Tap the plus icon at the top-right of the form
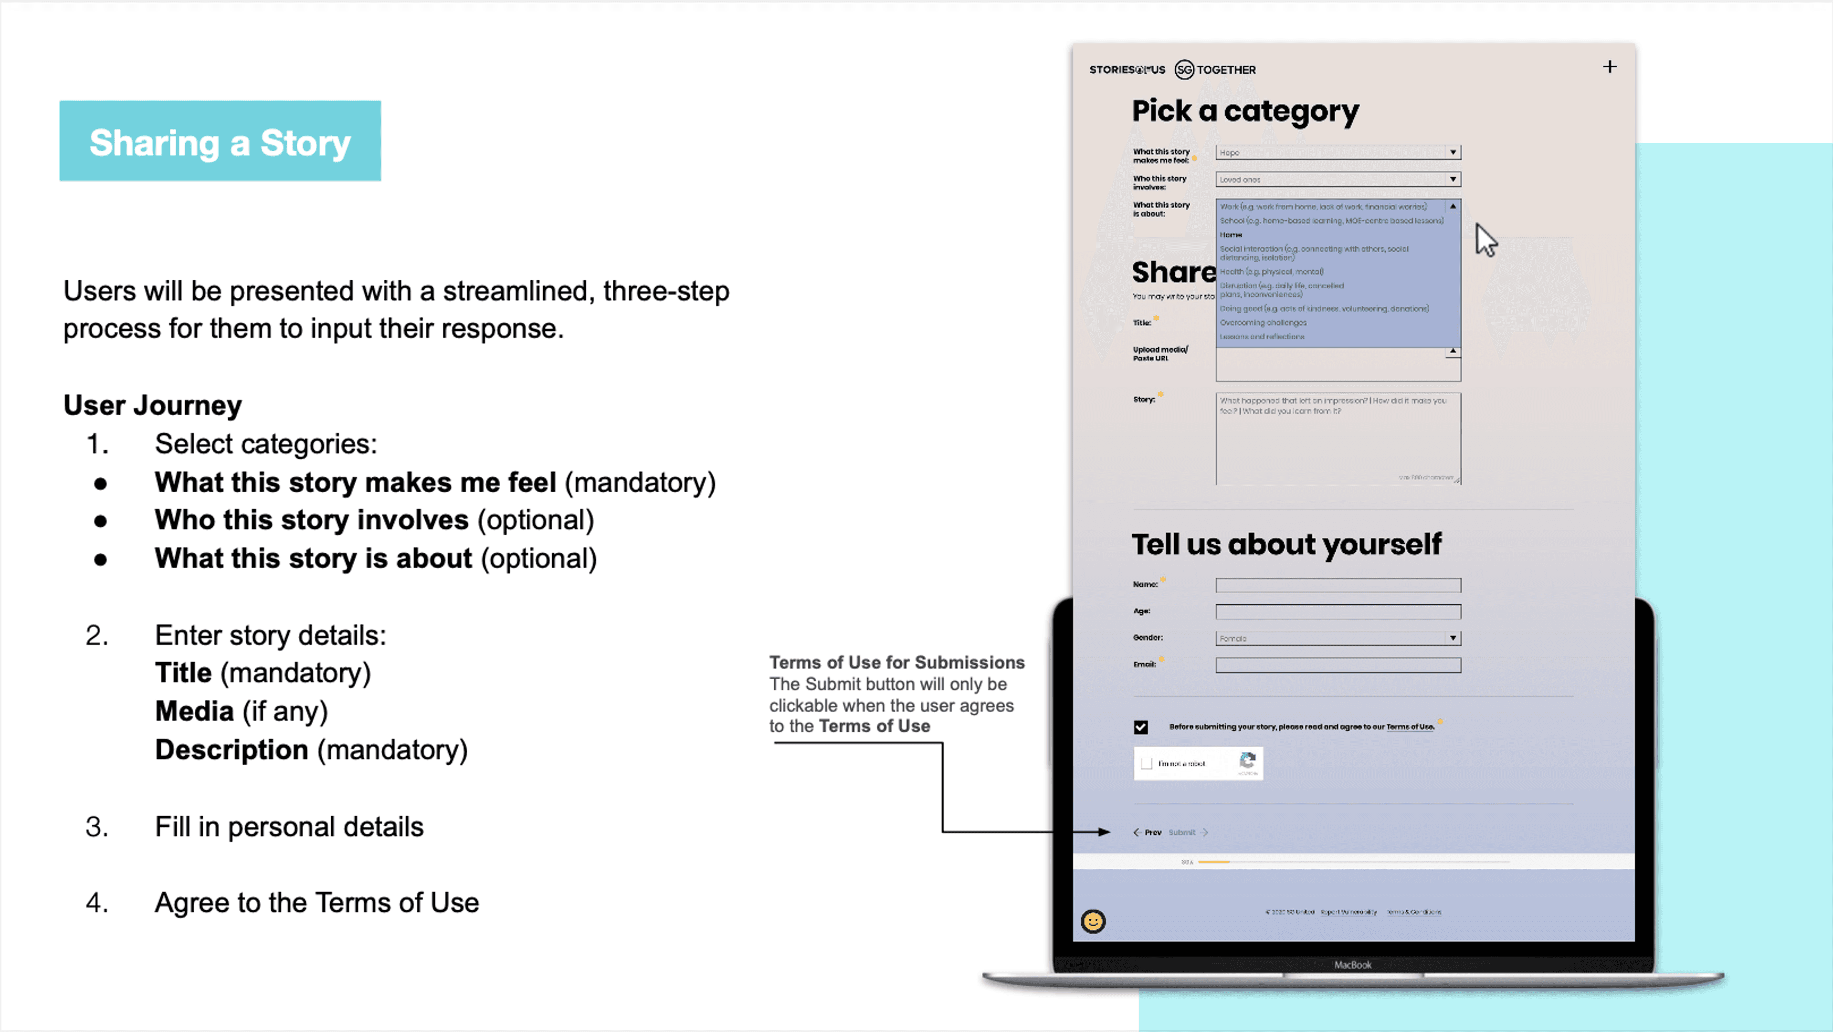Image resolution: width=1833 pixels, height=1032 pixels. coord(1610,67)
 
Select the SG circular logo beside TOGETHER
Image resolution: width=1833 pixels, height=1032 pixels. coord(1184,70)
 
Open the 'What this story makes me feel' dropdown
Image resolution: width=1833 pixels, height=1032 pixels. coord(1338,152)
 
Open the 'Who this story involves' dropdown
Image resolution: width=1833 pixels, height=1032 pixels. coord(1338,179)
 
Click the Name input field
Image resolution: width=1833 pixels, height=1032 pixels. coord(1338,585)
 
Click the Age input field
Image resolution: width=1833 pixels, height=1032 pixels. coord(1338,611)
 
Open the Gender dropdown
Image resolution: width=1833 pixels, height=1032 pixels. coord(1338,638)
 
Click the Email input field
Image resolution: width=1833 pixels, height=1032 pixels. coord(1338,665)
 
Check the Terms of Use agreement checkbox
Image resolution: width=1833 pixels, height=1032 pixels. coord(1141,727)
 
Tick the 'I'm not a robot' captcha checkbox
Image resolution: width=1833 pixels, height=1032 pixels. coord(1146,764)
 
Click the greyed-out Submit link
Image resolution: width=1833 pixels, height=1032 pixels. coord(1182,832)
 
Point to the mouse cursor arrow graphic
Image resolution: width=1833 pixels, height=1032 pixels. coord(1485,239)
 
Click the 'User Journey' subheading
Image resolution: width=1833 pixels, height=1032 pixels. coord(152,405)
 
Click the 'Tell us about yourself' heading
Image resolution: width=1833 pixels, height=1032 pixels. coord(1286,545)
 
